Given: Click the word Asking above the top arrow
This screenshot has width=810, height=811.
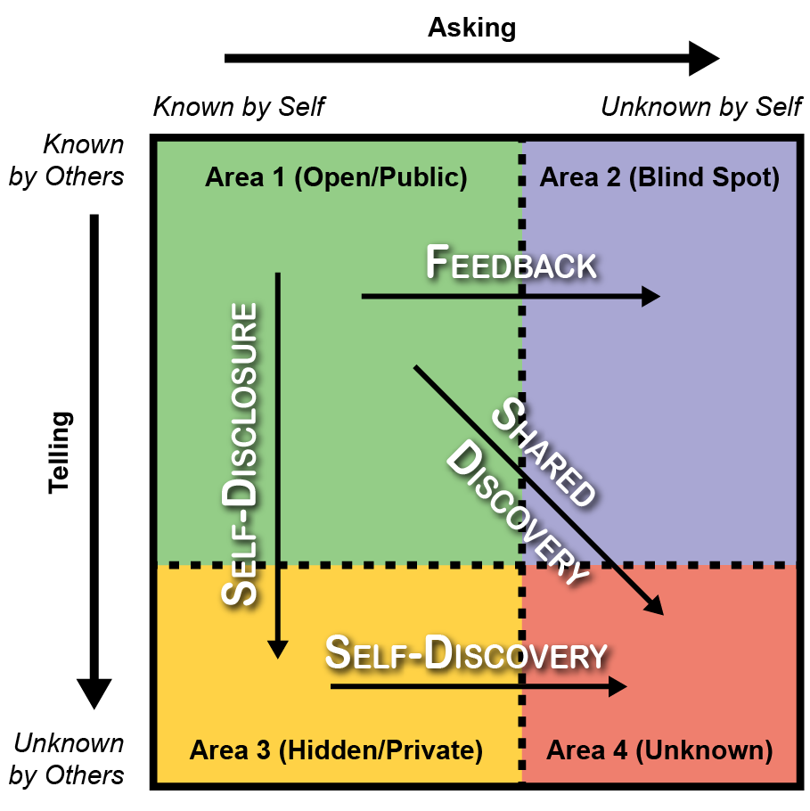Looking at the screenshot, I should (x=471, y=28).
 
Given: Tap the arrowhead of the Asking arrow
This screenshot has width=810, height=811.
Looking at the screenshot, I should (x=704, y=59).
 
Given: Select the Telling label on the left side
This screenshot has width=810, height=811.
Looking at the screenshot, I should (x=60, y=453).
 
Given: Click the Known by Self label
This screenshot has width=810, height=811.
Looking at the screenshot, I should (x=239, y=108).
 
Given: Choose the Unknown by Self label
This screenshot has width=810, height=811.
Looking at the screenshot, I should (x=701, y=108).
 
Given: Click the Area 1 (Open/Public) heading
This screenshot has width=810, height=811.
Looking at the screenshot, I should (x=336, y=177).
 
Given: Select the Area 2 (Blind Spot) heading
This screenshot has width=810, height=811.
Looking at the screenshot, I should (x=659, y=177).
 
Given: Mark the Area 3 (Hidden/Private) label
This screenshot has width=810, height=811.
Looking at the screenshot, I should (x=336, y=750).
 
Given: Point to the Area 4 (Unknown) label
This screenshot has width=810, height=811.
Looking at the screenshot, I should (x=659, y=750).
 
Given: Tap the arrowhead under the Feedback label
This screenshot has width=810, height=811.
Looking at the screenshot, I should (x=651, y=297).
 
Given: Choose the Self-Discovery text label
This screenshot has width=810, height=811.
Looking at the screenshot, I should (x=465, y=653).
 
